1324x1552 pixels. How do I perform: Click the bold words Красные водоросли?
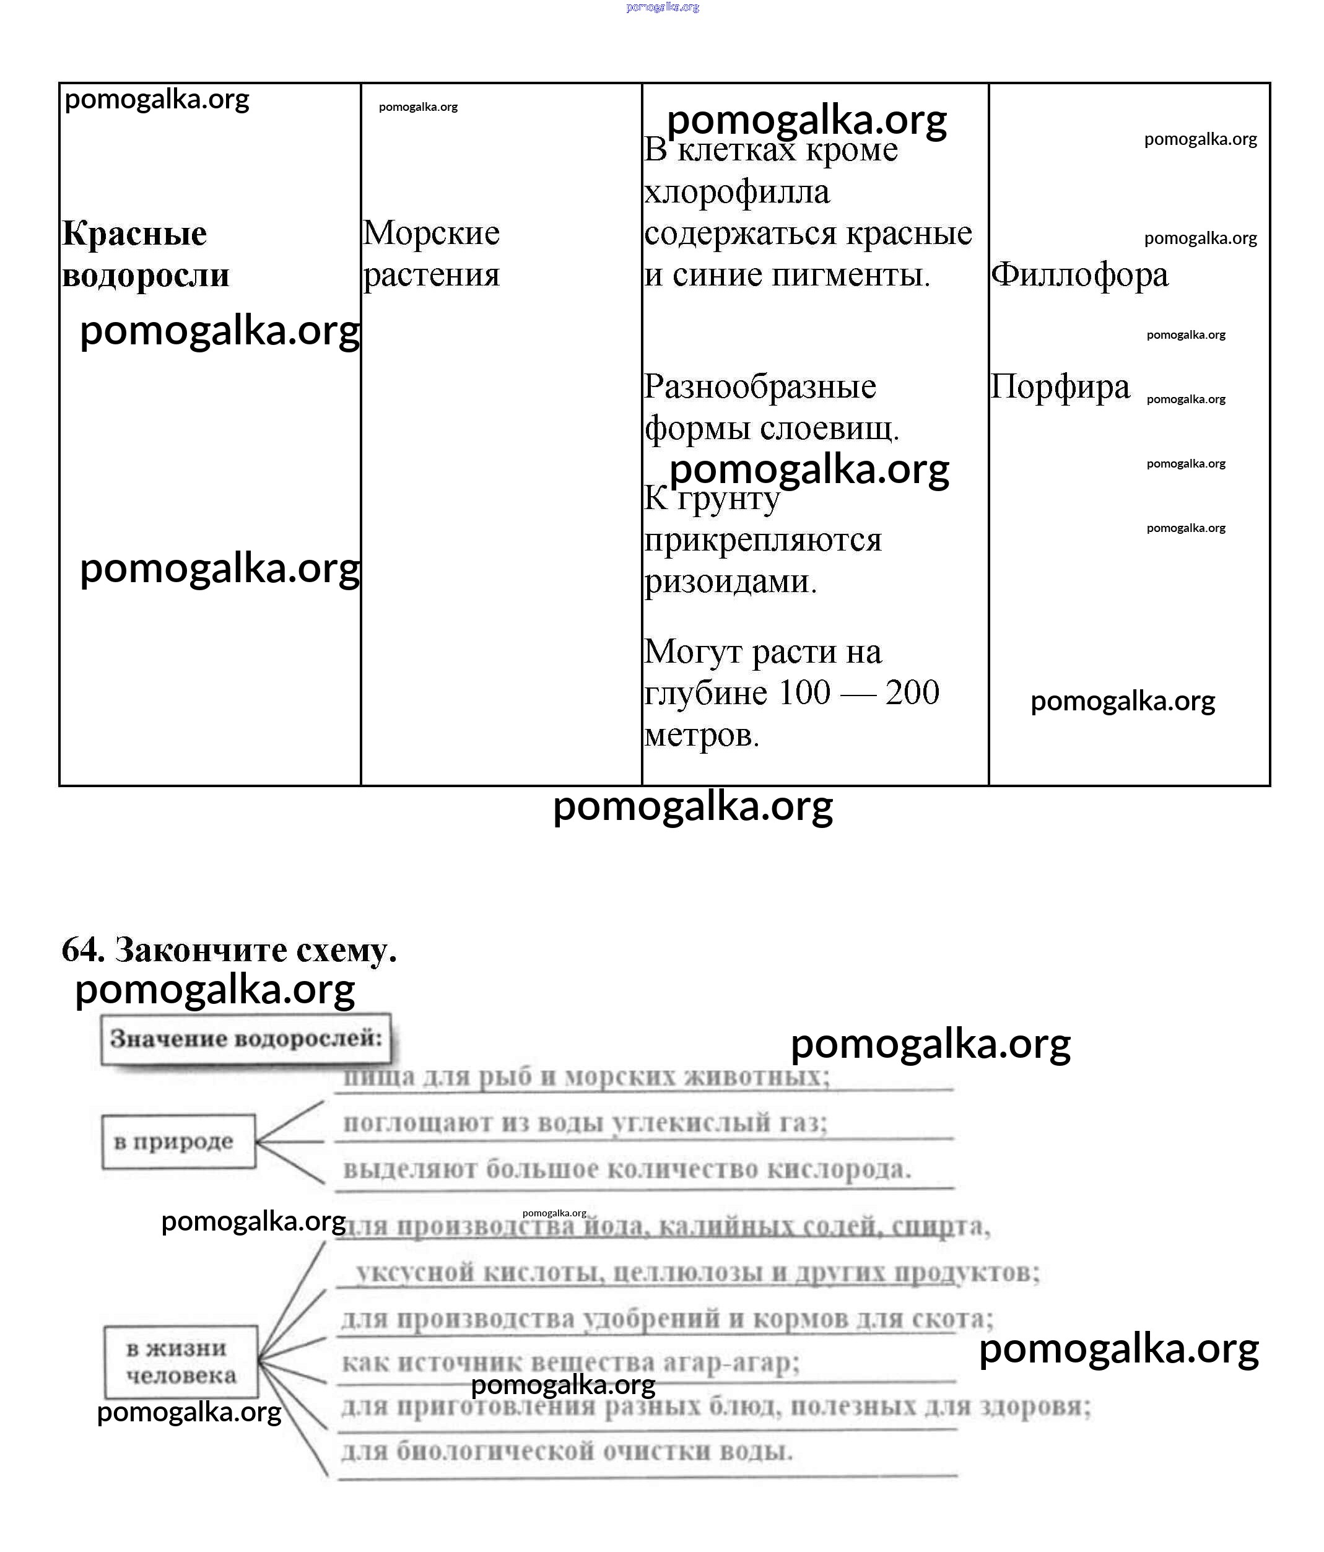point(146,254)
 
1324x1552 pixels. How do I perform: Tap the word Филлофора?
point(1079,274)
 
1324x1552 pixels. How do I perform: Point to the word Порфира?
point(1060,387)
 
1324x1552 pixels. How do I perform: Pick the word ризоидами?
point(730,582)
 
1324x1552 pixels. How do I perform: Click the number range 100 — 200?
point(859,692)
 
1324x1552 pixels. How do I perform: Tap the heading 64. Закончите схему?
point(229,950)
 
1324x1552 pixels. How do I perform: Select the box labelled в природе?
point(178,1141)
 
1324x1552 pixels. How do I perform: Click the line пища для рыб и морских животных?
point(586,1077)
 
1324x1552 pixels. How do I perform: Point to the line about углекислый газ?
point(585,1123)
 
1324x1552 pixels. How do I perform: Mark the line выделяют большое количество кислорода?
point(627,1169)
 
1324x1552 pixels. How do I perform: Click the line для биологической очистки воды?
point(567,1451)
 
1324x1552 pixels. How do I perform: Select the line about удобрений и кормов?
point(666,1319)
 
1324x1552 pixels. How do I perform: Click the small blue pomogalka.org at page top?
point(662,7)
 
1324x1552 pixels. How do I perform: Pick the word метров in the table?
point(702,735)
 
